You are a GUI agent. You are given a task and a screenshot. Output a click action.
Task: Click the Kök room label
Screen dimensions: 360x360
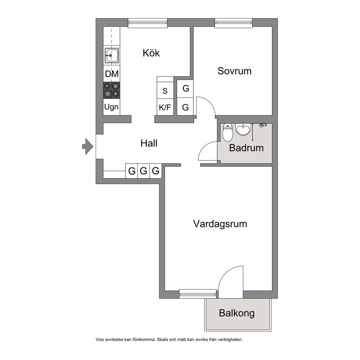pyautogui.click(x=151, y=53)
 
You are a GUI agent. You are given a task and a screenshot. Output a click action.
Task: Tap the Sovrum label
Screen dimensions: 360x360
pyautogui.click(x=234, y=71)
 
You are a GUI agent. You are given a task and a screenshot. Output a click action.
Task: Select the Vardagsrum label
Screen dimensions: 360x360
pyautogui.click(x=220, y=224)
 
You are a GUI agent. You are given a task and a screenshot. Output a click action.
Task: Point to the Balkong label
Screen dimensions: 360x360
pyautogui.click(x=237, y=313)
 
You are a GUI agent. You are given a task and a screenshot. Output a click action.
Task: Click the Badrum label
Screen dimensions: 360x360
pyautogui.click(x=246, y=148)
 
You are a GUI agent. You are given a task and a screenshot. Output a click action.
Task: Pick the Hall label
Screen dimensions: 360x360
pyautogui.click(x=149, y=143)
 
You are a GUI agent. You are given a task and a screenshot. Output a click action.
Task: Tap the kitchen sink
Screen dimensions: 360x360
pyautogui.click(x=112, y=55)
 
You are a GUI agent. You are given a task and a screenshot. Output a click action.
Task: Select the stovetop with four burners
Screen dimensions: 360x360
pyautogui.click(x=111, y=90)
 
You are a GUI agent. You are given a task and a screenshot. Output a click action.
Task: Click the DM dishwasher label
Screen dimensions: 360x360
pyautogui.click(x=112, y=74)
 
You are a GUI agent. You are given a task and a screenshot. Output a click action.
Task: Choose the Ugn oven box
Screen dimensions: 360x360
pyautogui.click(x=111, y=107)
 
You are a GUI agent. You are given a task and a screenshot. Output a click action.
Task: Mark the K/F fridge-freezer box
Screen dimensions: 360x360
pyautogui.click(x=165, y=107)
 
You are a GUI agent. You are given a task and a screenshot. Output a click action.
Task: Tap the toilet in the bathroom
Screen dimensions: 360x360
pyautogui.click(x=228, y=132)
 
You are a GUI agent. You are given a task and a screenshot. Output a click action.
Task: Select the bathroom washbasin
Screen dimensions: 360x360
pyautogui.click(x=243, y=130)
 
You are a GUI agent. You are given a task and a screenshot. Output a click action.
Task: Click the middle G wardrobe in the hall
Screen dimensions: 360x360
pyautogui.click(x=143, y=171)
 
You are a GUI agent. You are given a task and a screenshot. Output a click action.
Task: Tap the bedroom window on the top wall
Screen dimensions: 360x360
pyautogui.click(x=234, y=22)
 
